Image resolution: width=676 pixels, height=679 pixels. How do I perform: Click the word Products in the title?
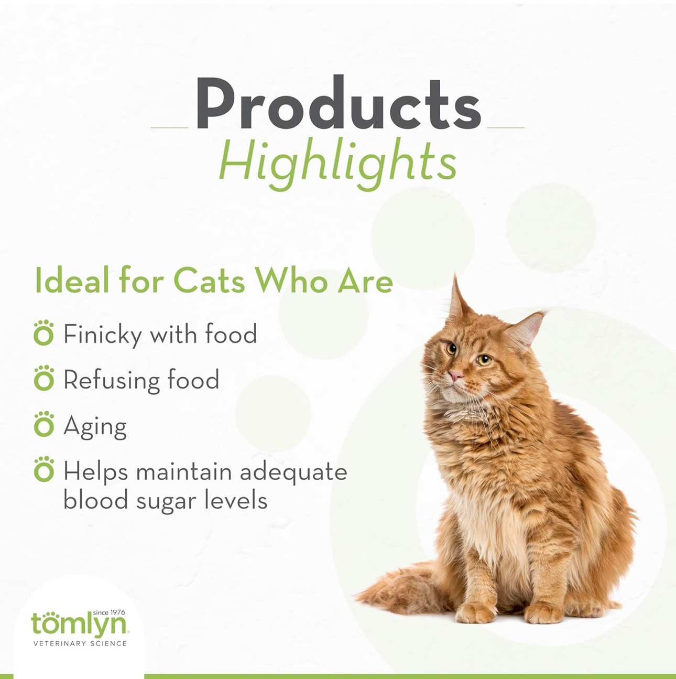pyautogui.click(x=338, y=102)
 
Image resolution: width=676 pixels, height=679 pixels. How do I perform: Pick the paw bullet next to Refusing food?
pyautogui.click(x=43, y=378)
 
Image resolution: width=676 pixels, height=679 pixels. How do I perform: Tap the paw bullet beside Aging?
pyautogui.click(x=43, y=424)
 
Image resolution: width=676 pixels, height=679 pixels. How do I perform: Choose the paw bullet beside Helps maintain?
pyautogui.click(x=43, y=469)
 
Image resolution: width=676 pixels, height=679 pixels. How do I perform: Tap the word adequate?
pyautogui.click(x=293, y=472)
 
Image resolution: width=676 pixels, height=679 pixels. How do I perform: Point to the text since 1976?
pyautogui.click(x=109, y=612)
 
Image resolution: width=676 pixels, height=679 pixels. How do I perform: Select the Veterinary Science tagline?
pyautogui.click(x=80, y=643)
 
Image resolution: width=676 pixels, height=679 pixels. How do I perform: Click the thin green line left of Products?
pyautogui.click(x=169, y=127)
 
